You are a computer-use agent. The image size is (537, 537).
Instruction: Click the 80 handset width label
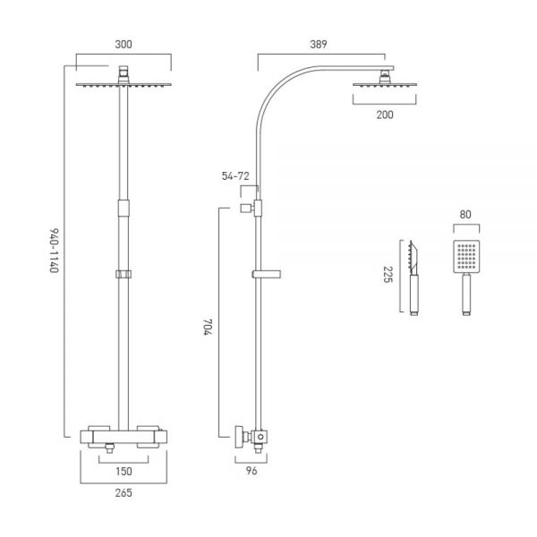pos(465,215)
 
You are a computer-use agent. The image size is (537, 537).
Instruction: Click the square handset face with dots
pos(465,257)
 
